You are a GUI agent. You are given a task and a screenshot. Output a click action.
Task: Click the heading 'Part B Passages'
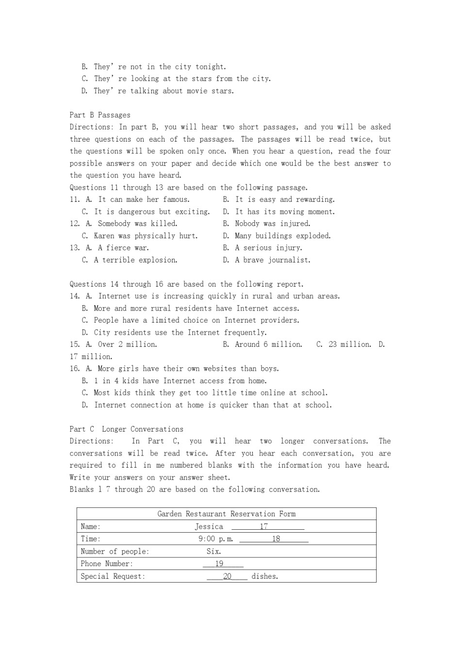tap(100, 115)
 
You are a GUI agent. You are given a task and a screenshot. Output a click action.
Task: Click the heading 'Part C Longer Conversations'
tap(126, 429)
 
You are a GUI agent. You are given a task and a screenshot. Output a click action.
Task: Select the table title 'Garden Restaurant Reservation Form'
tap(226, 514)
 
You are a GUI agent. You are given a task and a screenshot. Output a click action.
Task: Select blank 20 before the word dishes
tap(227, 576)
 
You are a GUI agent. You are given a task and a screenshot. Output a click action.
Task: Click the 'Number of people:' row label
tap(115, 551)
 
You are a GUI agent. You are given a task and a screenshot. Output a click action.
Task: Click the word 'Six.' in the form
tap(214, 551)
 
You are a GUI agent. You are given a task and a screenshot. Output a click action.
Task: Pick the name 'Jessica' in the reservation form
tap(209, 526)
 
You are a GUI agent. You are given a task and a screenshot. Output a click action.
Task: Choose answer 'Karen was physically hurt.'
tap(146, 236)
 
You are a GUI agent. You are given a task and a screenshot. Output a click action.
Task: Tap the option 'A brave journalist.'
tap(272, 260)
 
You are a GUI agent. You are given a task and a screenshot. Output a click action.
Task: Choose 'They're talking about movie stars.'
tap(164, 91)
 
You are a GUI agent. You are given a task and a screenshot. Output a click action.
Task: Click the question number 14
tap(74, 296)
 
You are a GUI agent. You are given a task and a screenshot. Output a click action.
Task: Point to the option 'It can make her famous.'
tap(144, 199)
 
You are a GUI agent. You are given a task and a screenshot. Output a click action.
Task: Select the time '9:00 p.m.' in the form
tap(215, 539)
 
